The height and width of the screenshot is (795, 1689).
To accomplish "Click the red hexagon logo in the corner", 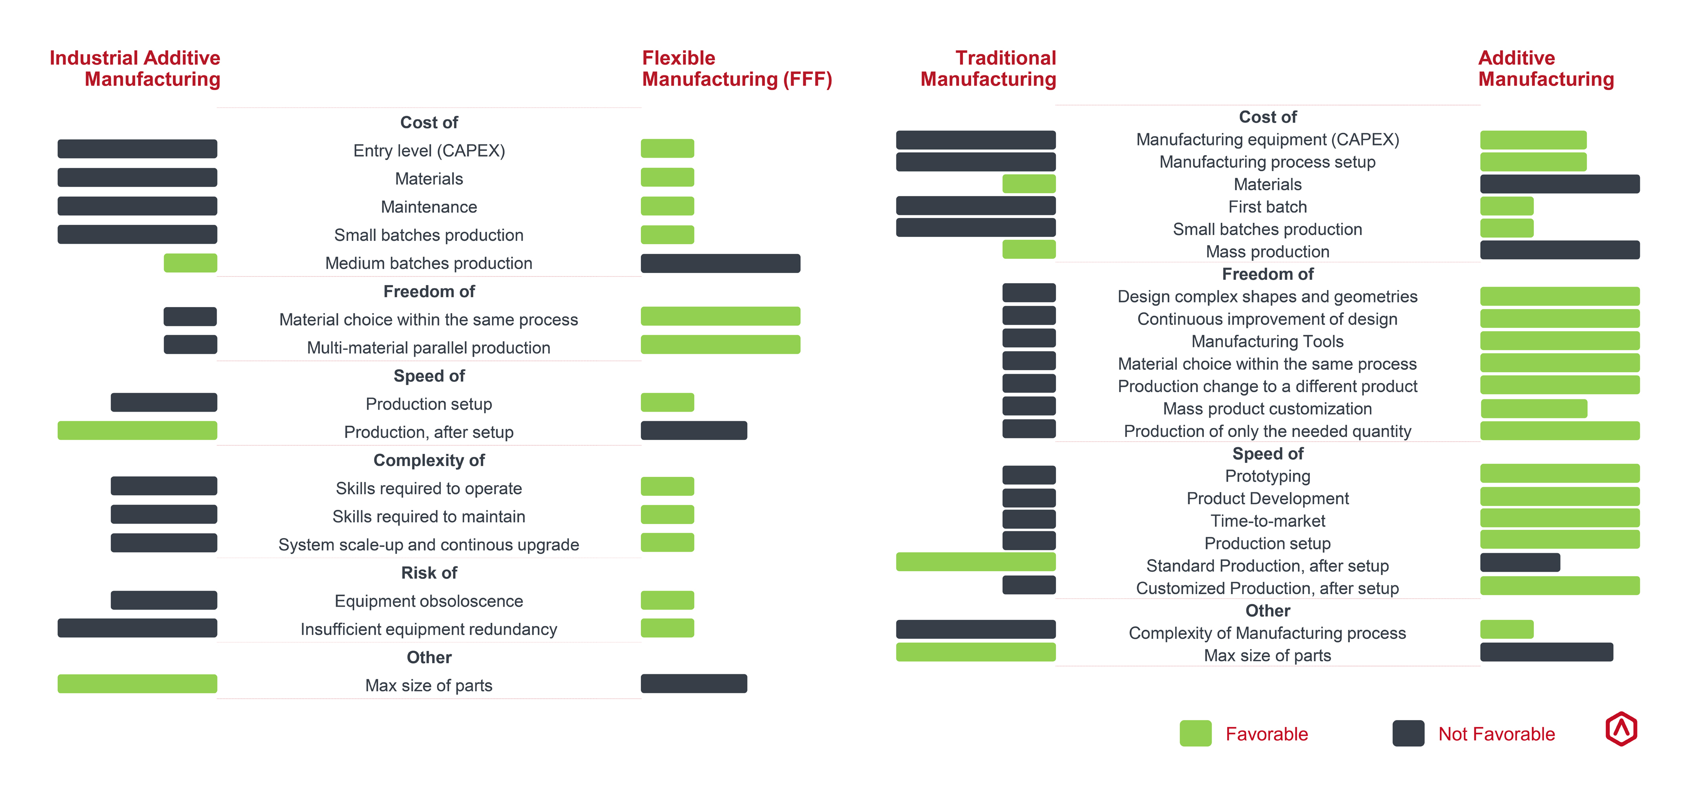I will pos(1621,729).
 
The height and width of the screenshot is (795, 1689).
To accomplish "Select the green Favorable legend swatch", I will pos(1195,733).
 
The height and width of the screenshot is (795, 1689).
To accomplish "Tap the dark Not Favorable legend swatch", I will pos(1408,733).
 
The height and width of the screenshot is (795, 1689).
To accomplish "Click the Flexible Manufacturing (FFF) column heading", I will pos(736,68).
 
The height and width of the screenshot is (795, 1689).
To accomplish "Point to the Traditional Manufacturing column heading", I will pos(988,68).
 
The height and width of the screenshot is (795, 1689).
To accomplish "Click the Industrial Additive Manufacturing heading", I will pos(135,68).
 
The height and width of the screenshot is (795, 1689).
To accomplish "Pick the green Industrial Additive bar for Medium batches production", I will pos(190,263).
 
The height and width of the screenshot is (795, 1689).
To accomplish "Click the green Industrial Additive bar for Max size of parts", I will pos(137,684).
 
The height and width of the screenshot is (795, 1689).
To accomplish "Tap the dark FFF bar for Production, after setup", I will pos(694,431).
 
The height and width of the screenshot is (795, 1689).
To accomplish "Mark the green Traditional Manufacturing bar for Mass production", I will pos(1029,250).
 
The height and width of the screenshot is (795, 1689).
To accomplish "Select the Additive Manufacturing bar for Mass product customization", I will pos(1534,408).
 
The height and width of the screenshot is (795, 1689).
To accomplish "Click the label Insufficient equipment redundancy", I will pos(429,629).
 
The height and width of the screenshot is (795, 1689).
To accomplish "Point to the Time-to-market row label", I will pos(1268,521).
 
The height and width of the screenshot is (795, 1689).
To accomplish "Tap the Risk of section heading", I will pos(429,573).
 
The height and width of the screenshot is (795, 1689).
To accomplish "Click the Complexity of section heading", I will pos(429,460).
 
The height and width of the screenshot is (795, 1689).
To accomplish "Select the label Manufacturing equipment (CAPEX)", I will pos(1268,140).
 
